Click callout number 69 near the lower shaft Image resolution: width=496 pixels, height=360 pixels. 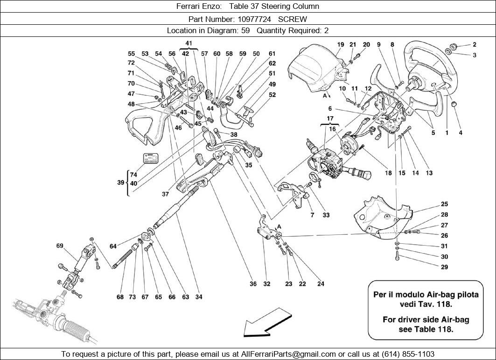point(60,246)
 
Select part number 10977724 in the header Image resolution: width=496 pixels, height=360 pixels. point(254,19)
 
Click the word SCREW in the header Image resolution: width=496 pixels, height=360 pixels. point(293,19)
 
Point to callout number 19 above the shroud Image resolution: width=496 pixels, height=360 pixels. point(341,45)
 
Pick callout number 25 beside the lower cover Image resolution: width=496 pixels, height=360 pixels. point(444,204)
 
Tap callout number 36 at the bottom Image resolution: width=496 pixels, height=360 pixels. point(253,284)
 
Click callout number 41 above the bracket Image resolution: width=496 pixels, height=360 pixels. point(189,43)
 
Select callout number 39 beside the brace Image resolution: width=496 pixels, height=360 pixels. point(120,183)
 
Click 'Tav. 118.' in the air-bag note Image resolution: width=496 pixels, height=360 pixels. point(435,304)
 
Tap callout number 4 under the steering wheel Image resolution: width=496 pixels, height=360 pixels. point(461,133)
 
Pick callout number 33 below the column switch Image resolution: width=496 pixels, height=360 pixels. point(326,215)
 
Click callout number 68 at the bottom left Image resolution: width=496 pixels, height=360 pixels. point(120,297)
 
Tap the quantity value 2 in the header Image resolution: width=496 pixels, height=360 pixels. point(327,31)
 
